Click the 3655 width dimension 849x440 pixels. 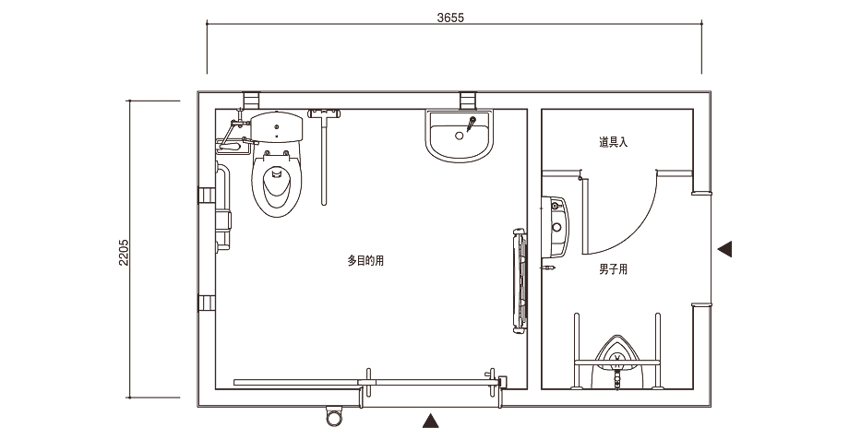(450, 18)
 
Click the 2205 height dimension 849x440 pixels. (124, 252)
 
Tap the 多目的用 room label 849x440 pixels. (365, 261)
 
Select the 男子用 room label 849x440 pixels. (613, 269)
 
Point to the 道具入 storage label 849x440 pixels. (613, 142)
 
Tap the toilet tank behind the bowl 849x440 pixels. (276, 126)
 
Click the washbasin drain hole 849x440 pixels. (460, 136)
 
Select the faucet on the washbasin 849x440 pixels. (471, 124)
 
